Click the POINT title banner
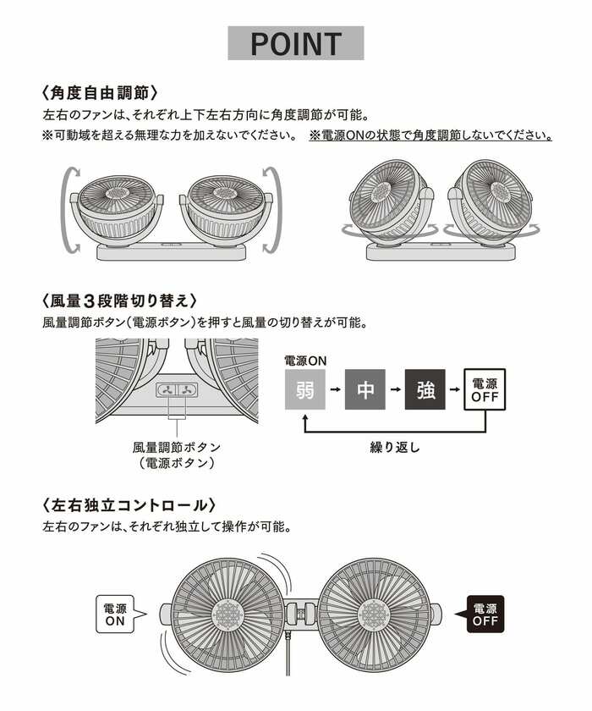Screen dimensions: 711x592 pyautogui.click(x=296, y=43)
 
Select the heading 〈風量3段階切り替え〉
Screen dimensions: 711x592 pyautogui.click(x=119, y=300)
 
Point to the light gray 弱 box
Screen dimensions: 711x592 pyautogui.click(x=304, y=390)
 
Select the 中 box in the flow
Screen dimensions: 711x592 pyautogui.click(x=365, y=390)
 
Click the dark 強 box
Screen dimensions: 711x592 pyautogui.click(x=425, y=390)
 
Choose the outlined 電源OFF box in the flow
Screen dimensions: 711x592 pyautogui.click(x=485, y=390)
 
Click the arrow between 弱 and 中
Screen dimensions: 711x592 pyautogui.click(x=335, y=390)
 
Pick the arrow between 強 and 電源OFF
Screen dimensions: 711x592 pyautogui.click(x=454, y=390)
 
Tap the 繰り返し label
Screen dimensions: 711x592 pyautogui.click(x=394, y=447)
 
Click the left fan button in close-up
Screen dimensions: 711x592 pyautogui.click(x=166, y=390)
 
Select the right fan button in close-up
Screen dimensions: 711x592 pyautogui.click(x=185, y=390)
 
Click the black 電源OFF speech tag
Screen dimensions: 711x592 pyautogui.click(x=484, y=614)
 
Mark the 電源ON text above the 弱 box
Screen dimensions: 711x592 pyautogui.click(x=304, y=361)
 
